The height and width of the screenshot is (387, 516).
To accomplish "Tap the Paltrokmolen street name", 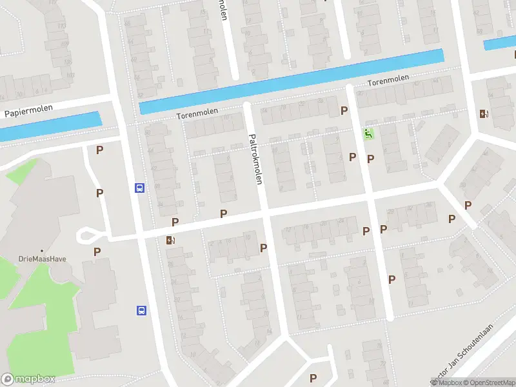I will [x=256, y=157].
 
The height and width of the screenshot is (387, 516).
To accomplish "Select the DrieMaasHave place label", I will [x=42, y=259].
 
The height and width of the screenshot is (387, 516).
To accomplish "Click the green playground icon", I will [x=368, y=134].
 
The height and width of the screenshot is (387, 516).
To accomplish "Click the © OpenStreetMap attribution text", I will [x=487, y=382].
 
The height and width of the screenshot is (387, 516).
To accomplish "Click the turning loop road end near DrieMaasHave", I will [x=84, y=236].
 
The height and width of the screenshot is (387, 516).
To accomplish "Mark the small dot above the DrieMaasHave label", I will [x=42, y=251].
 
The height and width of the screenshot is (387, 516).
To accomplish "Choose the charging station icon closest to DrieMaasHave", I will [x=170, y=241].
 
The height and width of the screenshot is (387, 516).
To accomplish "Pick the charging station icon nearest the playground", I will [x=484, y=115].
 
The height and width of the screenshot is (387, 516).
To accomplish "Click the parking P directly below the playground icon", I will [x=370, y=159].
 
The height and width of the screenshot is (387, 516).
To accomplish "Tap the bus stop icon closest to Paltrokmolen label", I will [x=139, y=188].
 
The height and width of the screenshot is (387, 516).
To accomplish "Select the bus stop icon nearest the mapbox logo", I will [x=141, y=310].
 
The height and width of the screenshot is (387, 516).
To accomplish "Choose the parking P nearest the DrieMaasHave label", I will [x=97, y=252].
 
